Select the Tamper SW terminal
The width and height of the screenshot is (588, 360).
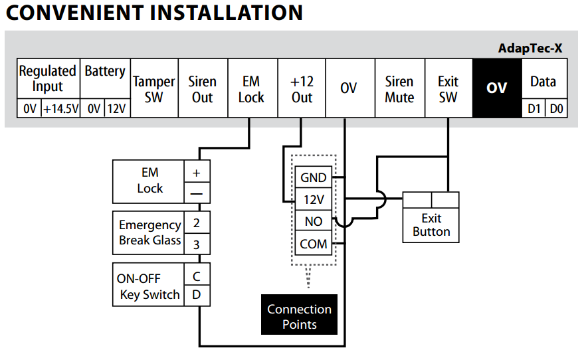(x=154, y=89)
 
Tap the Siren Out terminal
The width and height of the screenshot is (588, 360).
(x=202, y=89)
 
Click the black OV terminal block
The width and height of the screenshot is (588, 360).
(x=496, y=88)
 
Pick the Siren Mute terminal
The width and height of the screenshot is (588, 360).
(x=399, y=89)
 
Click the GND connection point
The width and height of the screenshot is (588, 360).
(x=314, y=177)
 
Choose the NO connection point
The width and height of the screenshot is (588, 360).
(x=314, y=221)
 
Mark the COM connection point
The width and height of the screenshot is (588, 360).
(x=314, y=244)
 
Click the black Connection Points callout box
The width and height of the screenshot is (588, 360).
(x=299, y=317)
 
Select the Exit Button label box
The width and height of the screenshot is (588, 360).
(x=431, y=225)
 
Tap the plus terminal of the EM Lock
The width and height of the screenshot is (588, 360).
(x=197, y=172)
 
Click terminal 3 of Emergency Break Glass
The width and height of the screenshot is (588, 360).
(x=197, y=244)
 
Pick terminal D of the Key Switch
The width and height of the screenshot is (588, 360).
(x=197, y=294)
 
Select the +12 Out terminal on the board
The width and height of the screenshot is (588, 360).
(x=302, y=89)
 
